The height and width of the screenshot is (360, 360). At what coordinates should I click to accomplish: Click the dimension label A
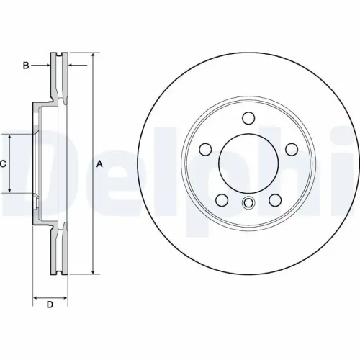point(100,164)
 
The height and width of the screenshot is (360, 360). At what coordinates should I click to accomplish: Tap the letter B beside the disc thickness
point(25,66)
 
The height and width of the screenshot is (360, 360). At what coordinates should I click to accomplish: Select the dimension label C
point(4,164)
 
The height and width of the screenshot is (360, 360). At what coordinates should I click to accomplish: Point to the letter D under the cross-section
point(50,305)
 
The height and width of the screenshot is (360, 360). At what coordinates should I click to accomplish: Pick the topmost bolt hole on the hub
point(248,118)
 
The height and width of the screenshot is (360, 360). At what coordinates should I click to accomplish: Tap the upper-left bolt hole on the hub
point(206,149)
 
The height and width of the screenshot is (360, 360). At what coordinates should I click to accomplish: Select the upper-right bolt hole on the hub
point(292,149)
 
